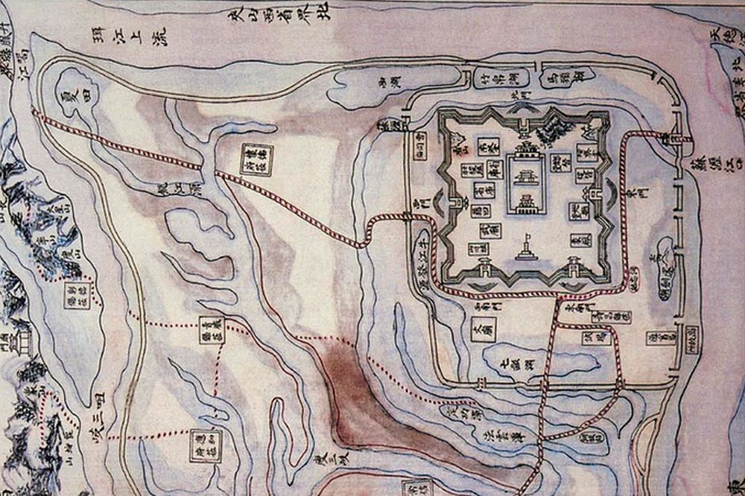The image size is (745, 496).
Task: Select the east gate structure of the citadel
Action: coord(598,196)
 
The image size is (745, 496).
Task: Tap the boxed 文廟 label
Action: coord(483,328)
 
